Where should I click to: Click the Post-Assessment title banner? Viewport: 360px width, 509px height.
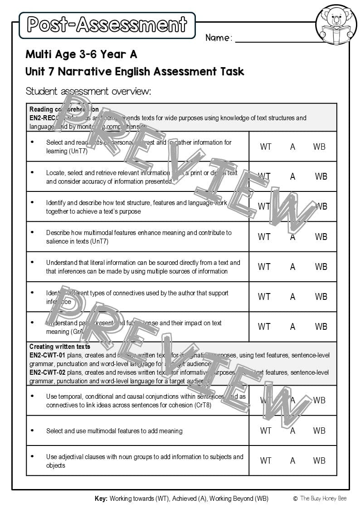point(107,25)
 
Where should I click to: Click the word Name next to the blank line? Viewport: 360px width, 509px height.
point(218,38)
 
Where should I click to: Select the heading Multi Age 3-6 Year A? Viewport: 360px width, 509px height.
point(81,54)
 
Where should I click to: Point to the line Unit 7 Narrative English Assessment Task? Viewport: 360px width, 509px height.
point(135,72)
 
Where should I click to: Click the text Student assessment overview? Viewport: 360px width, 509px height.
point(88,91)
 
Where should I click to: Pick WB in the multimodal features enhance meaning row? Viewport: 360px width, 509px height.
point(321,237)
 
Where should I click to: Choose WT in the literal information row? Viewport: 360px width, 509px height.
point(264,267)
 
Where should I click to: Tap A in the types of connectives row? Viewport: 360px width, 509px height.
point(292,297)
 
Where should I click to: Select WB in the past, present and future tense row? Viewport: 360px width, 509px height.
point(321,327)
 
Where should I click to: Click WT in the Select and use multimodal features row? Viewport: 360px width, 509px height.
point(265,431)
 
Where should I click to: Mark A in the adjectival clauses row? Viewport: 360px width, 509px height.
point(292,460)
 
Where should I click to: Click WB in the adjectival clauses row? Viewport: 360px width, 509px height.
point(319,460)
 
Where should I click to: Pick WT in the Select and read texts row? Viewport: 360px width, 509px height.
point(266,147)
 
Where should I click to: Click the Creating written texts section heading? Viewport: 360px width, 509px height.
point(60,347)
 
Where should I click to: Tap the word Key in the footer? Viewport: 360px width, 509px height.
point(101,499)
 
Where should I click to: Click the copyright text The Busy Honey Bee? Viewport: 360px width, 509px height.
point(322,499)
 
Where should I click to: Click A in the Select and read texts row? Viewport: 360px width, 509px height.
point(292,147)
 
